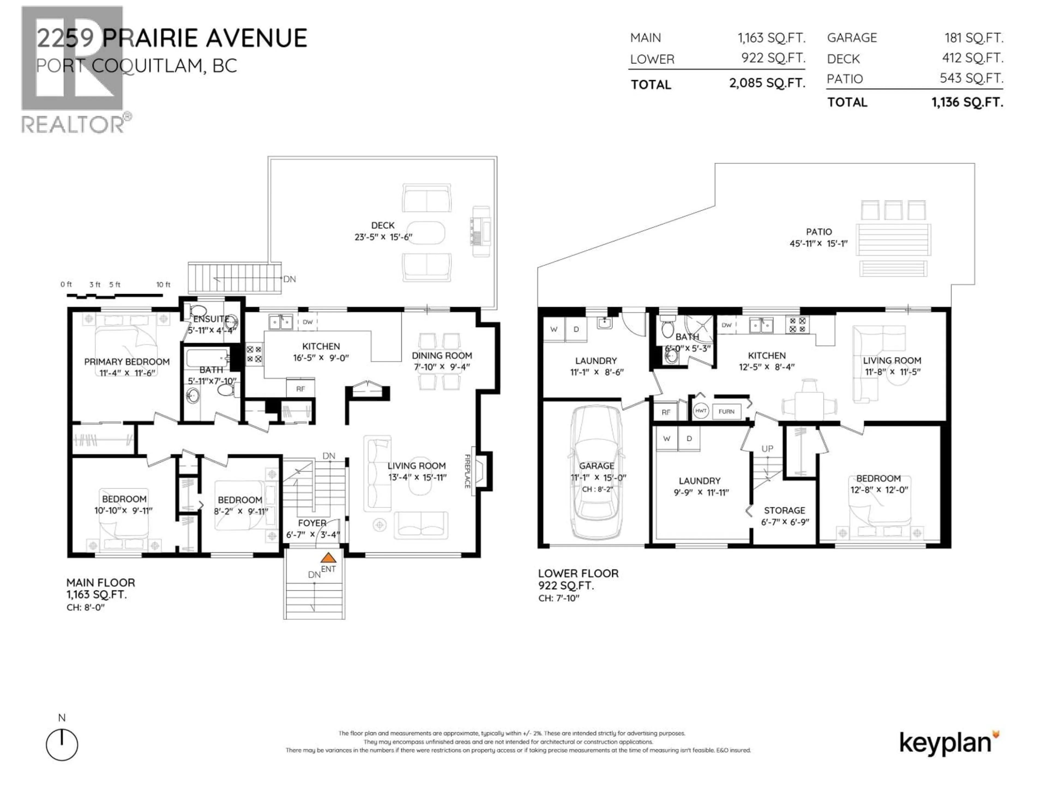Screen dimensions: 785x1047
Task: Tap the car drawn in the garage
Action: click(595, 473)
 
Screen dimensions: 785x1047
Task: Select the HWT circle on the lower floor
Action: click(700, 411)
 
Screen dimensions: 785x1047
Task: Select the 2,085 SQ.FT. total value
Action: click(767, 83)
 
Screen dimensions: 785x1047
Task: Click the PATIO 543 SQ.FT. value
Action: click(971, 78)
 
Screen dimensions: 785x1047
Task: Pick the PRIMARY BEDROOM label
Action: click(127, 361)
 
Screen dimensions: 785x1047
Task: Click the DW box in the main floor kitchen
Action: click(308, 322)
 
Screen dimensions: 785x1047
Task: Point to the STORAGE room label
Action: click(784, 510)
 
